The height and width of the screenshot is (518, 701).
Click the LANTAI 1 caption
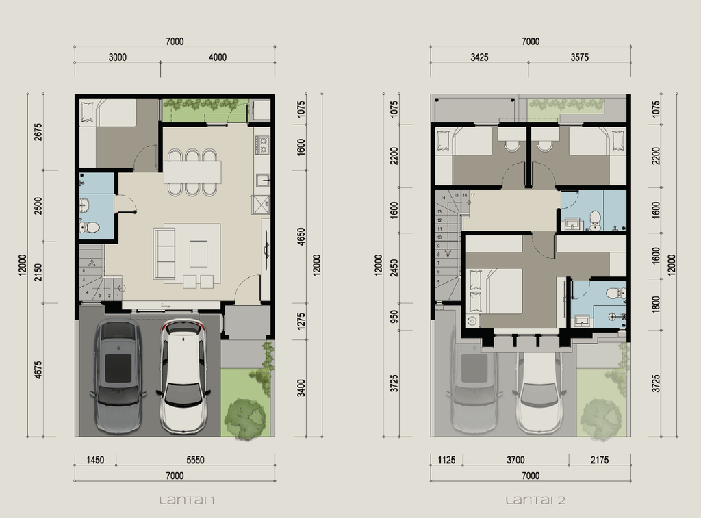[188, 500]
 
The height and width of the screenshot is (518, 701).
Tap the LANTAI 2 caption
[535, 500]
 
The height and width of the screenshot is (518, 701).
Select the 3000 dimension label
[118, 57]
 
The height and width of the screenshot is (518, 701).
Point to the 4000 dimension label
[217, 57]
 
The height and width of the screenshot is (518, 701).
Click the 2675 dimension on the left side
[38, 131]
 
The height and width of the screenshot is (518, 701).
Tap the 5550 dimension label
[195, 460]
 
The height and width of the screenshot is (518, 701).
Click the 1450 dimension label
[95, 460]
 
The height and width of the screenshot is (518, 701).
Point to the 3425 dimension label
[479, 57]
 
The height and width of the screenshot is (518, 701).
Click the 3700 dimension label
[515, 460]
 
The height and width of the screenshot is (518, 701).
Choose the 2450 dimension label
[394, 263]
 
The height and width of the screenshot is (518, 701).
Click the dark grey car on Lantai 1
[118, 376]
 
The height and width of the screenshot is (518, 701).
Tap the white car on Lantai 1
[183, 376]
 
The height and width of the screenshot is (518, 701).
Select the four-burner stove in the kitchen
[262, 144]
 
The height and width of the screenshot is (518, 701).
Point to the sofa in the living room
[164, 253]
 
